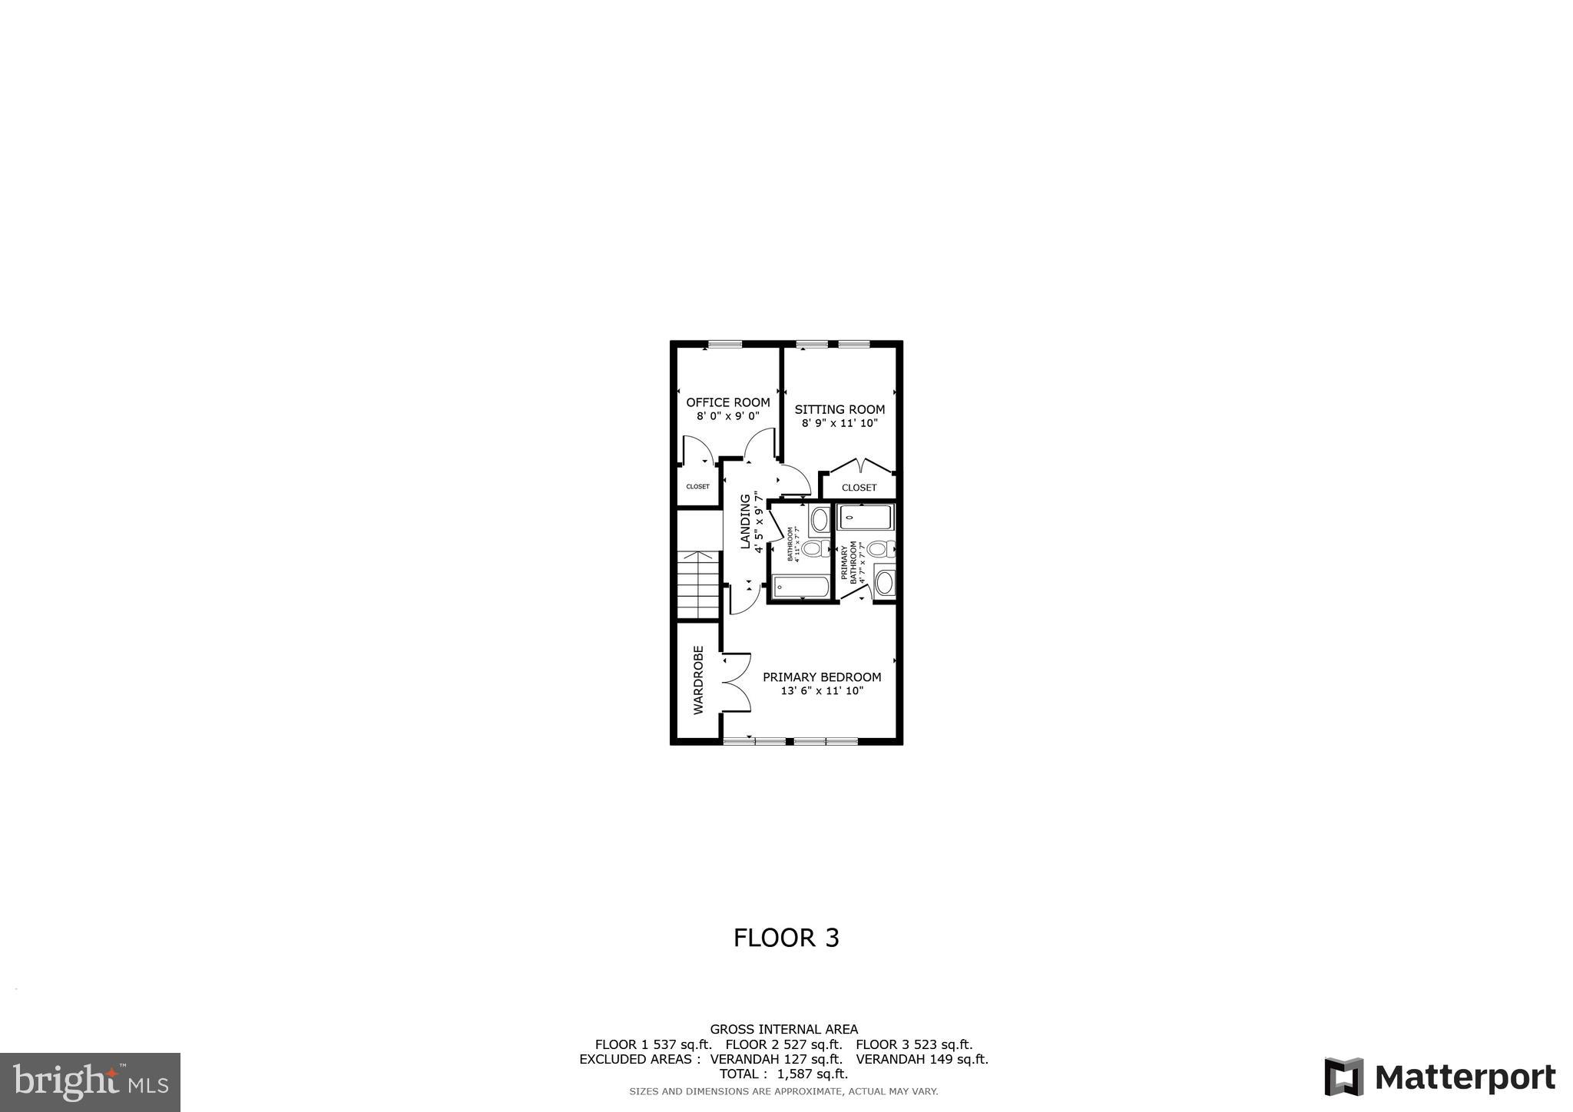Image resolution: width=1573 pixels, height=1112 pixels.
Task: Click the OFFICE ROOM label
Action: (x=727, y=402)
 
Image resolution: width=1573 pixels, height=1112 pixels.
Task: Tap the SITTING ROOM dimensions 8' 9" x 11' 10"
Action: (x=839, y=423)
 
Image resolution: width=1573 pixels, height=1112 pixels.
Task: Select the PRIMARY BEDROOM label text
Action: (x=821, y=677)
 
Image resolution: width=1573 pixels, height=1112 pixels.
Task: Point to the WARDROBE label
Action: (x=698, y=680)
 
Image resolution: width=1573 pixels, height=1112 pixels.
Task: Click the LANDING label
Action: (x=744, y=521)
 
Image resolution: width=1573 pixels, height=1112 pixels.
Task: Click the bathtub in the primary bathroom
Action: (x=866, y=518)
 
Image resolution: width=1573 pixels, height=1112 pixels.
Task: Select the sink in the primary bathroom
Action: (x=884, y=583)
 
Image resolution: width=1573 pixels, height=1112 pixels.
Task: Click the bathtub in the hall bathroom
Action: (x=800, y=587)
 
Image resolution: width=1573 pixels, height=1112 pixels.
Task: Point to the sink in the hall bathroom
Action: (x=820, y=520)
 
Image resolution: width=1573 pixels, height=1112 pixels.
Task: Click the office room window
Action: (x=724, y=344)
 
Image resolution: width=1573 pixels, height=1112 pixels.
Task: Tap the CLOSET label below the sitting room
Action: (x=859, y=488)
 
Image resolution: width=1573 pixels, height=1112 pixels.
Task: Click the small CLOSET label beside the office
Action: (x=697, y=487)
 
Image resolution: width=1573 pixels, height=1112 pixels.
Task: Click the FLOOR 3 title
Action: (x=786, y=938)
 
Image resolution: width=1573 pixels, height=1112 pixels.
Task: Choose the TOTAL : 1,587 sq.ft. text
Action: (x=783, y=1074)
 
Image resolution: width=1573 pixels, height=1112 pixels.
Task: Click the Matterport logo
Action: (x=1439, y=1077)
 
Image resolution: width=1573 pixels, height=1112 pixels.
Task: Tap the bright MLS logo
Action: (x=90, y=1083)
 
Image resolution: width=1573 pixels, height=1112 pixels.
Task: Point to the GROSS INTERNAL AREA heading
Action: (x=783, y=1029)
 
